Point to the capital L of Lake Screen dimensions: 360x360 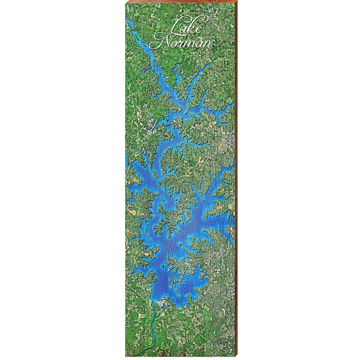(174, 27)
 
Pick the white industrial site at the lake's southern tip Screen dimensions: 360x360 (162, 305)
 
